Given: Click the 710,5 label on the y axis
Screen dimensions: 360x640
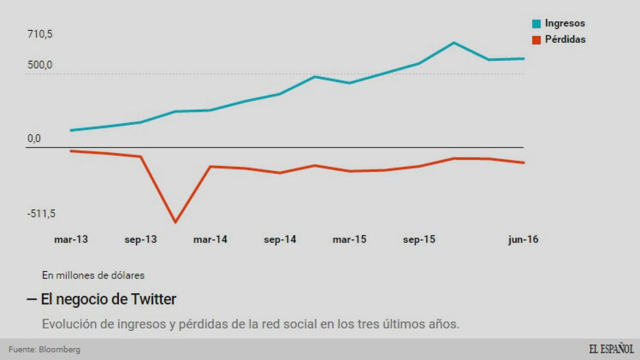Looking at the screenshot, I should [x=40, y=34].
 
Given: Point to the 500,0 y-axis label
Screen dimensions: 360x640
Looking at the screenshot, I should [x=40, y=65].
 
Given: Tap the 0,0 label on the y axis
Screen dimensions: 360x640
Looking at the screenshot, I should [x=34, y=138].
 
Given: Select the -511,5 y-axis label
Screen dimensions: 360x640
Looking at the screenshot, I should [x=41, y=214].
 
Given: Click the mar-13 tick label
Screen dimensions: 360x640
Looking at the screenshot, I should [x=71, y=239].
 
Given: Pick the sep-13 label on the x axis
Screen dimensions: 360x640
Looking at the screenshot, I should [x=141, y=239].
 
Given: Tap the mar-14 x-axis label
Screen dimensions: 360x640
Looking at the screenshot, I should [x=210, y=239].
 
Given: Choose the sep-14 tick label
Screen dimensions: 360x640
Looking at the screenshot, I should [x=280, y=239].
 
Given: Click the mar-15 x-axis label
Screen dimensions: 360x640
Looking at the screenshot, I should [x=349, y=239].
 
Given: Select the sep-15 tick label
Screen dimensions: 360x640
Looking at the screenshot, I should [x=419, y=239].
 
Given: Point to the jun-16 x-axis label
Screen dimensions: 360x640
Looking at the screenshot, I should [x=523, y=239].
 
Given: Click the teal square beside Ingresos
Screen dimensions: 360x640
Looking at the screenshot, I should [x=536, y=24].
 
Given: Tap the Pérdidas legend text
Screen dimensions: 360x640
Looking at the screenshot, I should [x=565, y=39].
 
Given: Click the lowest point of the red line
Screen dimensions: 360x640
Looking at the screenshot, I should [x=176, y=222].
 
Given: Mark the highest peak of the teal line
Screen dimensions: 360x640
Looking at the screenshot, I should [x=454, y=43].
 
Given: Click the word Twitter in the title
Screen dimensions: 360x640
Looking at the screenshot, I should [x=153, y=299].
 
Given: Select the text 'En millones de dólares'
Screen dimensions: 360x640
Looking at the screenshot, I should [x=93, y=275].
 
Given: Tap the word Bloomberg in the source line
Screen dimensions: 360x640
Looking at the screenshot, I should [x=59, y=349].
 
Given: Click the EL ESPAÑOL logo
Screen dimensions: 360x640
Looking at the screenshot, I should [x=611, y=349].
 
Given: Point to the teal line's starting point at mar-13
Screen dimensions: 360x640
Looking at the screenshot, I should [x=71, y=130].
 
